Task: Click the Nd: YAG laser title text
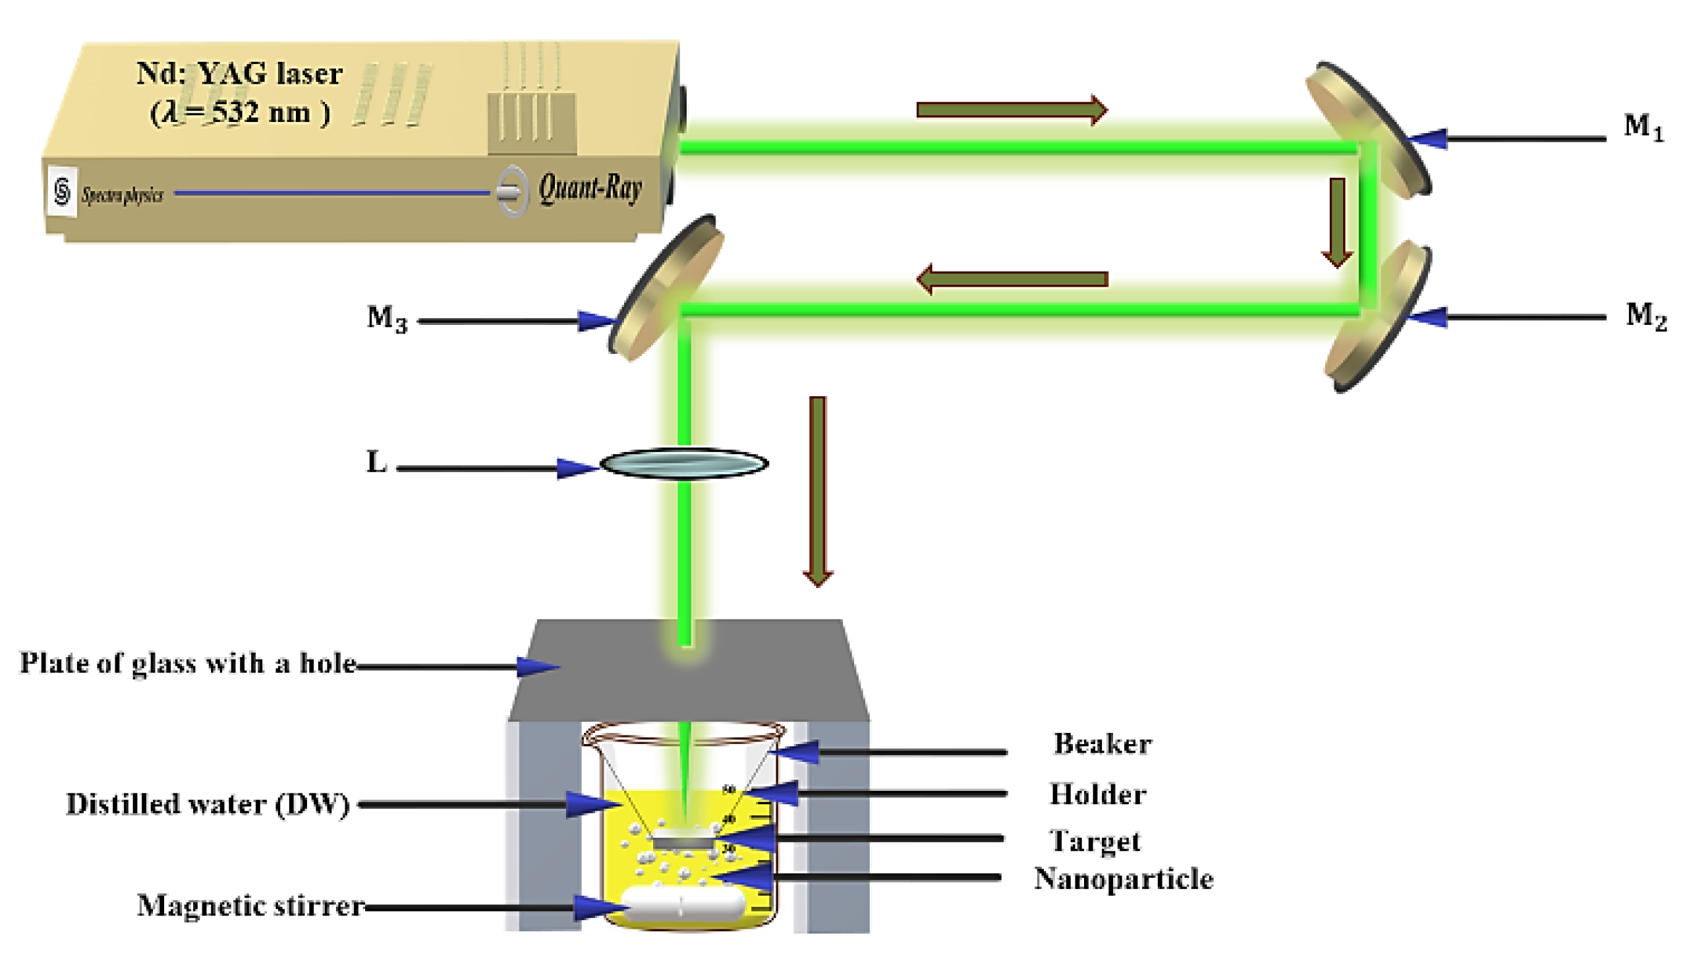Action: pyautogui.click(x=239, y=73)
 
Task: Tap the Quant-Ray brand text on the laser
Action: pyautogui.click(x=590, y=189)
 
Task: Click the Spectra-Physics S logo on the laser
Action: pyautogui.click(x=62, y=192)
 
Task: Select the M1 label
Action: pyautogui.click(x=1644, y=127)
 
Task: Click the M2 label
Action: pyautogui.click(x=1646, y=316)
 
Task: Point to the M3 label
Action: pyautogui.click(x=387, y=318)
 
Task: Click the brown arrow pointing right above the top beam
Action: pyautogui.click(x=1011, y=109)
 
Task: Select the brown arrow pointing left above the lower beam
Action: pyautogui.click(x=1011, y=279)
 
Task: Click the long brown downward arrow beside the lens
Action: pyautogui.click(x=817, y=490)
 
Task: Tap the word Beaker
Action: pyautogui.click(x=1102, y=744)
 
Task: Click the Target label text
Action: pyautogui.click(x=1095, y=841)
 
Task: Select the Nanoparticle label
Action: pyautogui.click(x=1123, y=879)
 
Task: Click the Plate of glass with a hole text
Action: pyautogui.click(x=188, y=663)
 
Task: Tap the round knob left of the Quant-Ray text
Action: pyautogui.click(x=511, y=192)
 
